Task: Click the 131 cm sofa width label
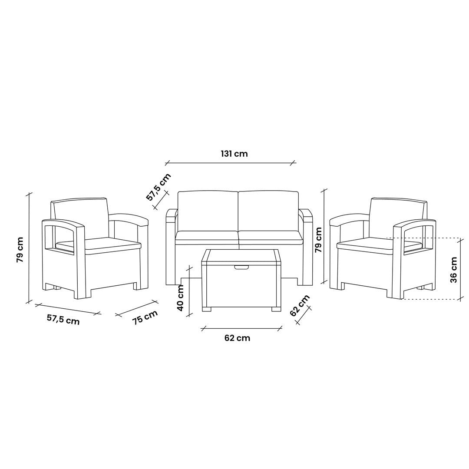click(x=234, y=154)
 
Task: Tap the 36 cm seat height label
click(x=454, y=270)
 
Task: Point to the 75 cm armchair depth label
click(x=145, y=317)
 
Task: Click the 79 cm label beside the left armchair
click(x=20, y=250)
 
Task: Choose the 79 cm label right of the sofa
click(x=319, y=240)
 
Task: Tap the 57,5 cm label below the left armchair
click(x=63, y=320)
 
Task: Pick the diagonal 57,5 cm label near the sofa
click(x=159, y=187)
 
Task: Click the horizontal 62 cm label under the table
click(x=237, y=338)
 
